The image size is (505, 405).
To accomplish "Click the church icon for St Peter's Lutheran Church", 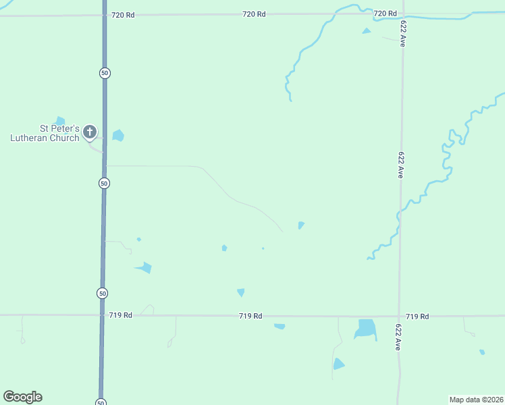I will tap(89, 132).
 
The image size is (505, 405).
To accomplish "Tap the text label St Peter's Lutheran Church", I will tap(45, 133).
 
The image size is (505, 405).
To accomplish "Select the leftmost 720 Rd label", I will tap(123, 14).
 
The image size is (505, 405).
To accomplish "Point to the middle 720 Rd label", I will tap(254, 14).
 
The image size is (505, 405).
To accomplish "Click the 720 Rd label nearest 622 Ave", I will tap(385, 13).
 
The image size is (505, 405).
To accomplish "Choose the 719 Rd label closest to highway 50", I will tap(120, 315).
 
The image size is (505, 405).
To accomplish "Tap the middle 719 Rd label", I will tap(250, 316).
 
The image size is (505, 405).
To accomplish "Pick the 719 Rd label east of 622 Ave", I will tap(417, 316).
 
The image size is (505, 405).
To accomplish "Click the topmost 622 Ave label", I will tap(402, 33).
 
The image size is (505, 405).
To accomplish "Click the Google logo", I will tap(22, 397).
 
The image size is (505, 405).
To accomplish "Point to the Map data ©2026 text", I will tap(476, 400).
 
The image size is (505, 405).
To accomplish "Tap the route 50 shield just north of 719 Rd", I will tap(102, 293).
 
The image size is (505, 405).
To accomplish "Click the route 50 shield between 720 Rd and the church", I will tap(104, 73).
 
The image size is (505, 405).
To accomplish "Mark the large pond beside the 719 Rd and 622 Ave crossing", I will tap(365, 329).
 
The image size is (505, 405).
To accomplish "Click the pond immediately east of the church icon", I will tap(118, 135).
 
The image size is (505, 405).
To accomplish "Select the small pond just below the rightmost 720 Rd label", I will tap(367, 30).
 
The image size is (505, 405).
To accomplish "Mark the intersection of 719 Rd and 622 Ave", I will tap(400, 316).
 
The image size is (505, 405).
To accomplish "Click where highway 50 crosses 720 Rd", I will tap(105, 14).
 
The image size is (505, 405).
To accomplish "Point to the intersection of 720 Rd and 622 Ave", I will tap(403, 14).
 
